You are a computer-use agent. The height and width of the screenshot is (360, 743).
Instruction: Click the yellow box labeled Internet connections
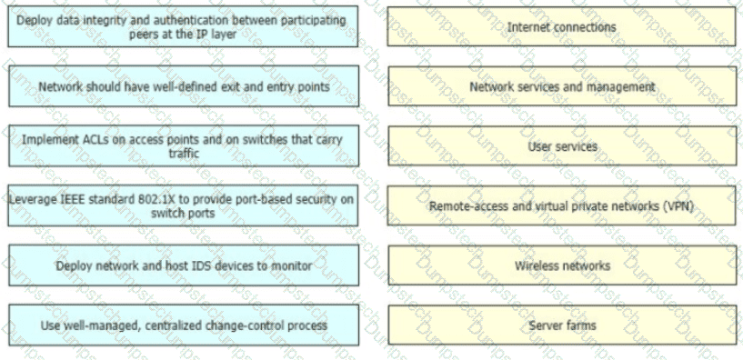click(561, 26)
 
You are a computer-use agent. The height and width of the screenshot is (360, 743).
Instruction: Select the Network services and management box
click(561, 86)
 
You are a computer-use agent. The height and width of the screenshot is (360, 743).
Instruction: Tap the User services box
click(561, 145)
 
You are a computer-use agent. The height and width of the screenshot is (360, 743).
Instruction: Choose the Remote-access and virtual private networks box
click(561, 205)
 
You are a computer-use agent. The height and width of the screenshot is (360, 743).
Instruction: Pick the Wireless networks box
click(562, 265)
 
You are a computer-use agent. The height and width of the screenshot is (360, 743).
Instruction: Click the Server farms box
click(562, 325)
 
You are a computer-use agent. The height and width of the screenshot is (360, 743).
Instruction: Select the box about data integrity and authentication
click(183, 26)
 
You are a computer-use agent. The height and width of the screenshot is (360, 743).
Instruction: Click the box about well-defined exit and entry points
click(184, 86)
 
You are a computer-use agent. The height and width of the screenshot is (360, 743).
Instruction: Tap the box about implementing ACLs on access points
click(184, 145)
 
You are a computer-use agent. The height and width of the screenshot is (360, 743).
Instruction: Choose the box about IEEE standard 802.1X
click(183, 205)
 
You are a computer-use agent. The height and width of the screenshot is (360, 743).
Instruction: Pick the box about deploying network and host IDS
click(184, 265)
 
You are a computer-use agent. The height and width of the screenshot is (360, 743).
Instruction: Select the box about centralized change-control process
click(184, 325)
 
